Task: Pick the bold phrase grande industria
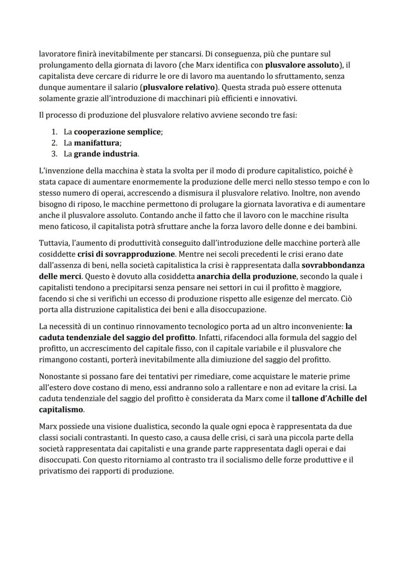(106, 154)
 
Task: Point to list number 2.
(54, 143)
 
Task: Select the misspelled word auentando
(241, 76)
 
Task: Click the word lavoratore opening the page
(56, 53)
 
